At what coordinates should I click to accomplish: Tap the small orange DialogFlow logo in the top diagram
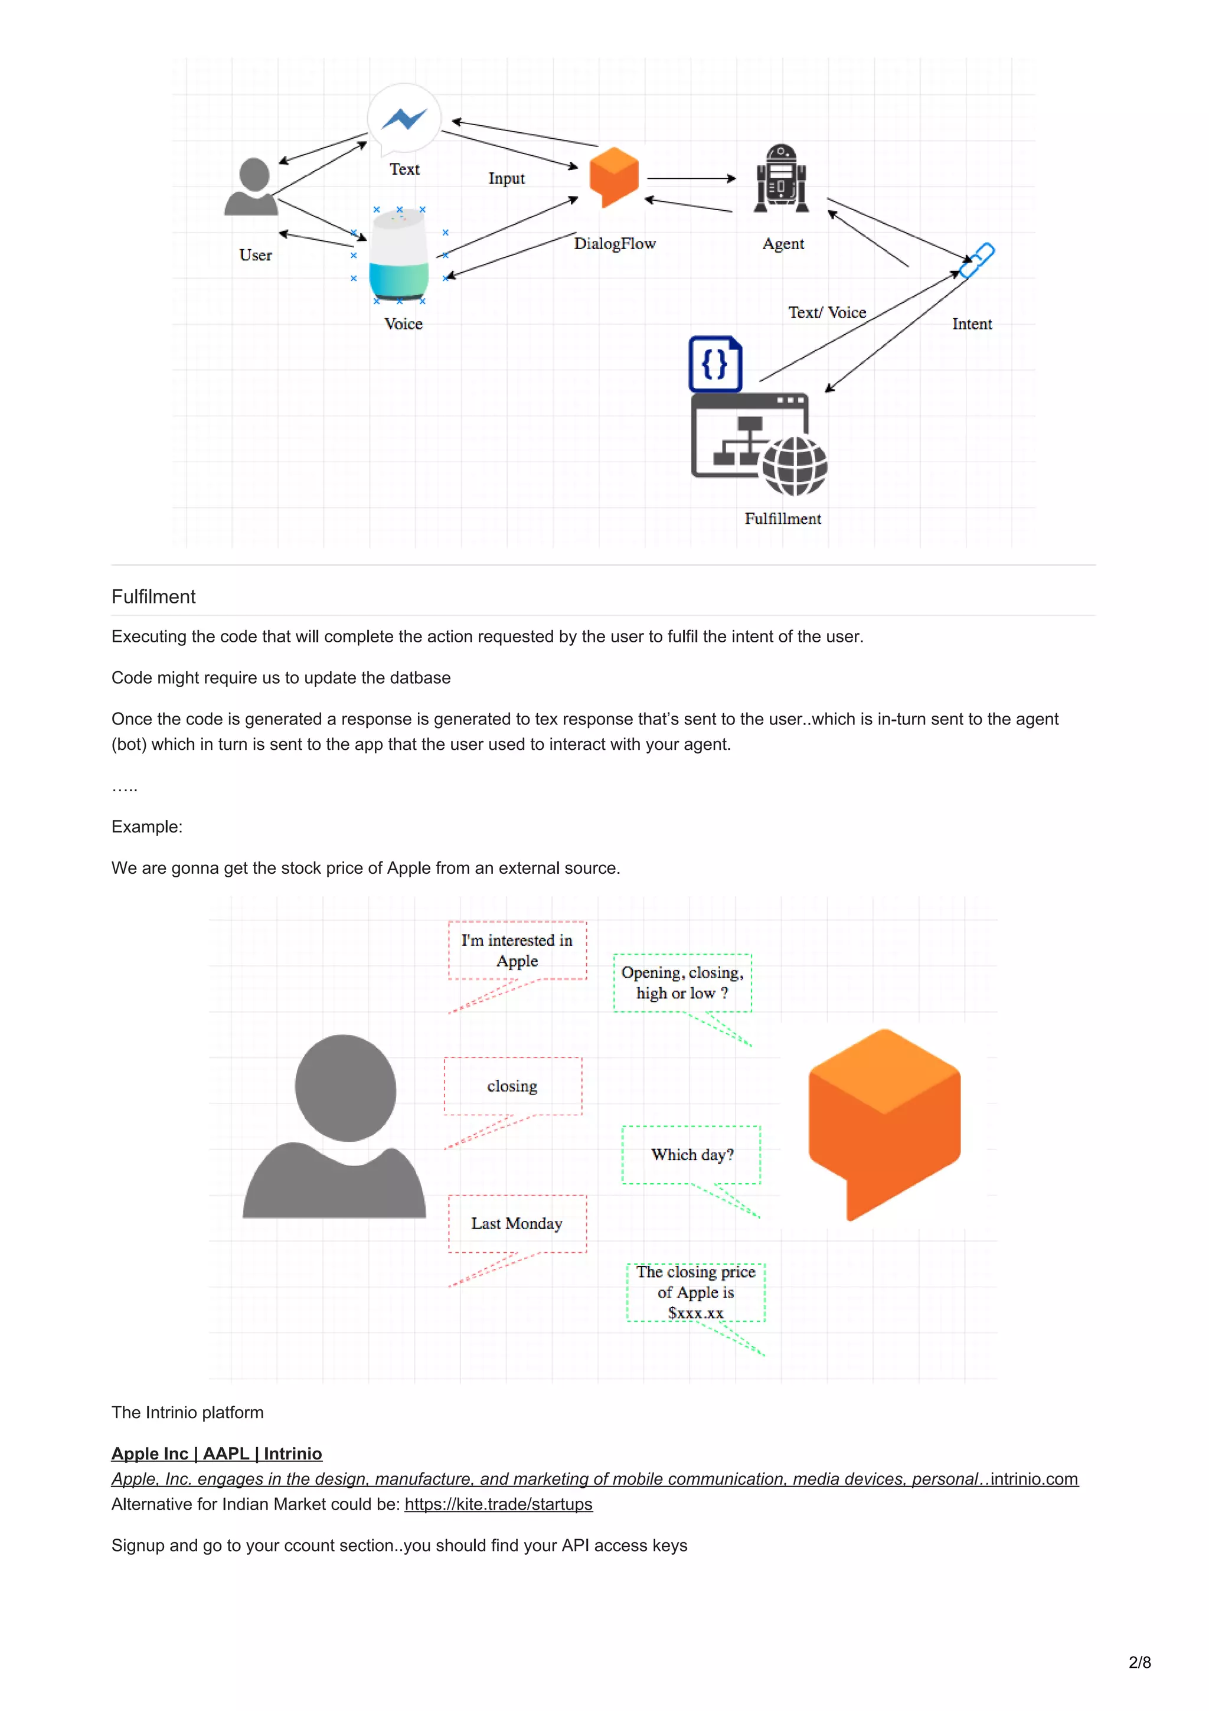pos(614,176)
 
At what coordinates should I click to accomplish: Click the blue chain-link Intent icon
pos(976,260)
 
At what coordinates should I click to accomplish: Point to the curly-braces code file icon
pos(715,364)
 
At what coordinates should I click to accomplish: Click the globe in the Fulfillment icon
pos(794,466)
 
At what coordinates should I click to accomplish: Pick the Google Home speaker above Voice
pos(398,256)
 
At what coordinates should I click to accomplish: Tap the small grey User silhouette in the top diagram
pos(253,187)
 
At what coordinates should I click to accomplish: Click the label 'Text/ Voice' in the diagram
pos(827,313)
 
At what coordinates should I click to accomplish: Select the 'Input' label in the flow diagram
pos(507,179)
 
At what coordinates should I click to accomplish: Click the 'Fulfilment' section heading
pos(153,597)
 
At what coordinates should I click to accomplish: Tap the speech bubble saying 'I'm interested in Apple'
pos(517,951)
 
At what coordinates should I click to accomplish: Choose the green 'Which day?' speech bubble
pos(691,1154)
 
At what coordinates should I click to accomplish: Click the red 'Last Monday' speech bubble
pos(517,1224)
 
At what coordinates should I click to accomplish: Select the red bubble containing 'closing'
pos(512,1086)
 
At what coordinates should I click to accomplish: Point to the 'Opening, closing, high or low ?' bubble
pos(682,983)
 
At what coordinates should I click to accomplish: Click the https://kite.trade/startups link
pos(498,1504)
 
